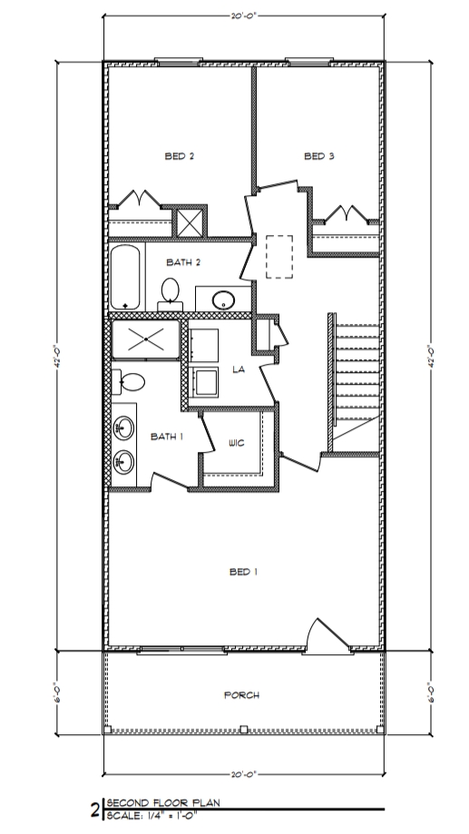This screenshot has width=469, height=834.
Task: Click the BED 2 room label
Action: pos(179,156)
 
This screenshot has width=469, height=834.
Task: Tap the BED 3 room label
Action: pos(318,156)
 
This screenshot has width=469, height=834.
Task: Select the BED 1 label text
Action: pos(243,572)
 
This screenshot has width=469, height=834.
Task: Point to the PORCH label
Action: pos(241,695)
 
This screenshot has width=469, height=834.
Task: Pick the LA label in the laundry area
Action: pos(239,369)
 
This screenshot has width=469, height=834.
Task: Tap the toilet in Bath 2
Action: pos(169,291)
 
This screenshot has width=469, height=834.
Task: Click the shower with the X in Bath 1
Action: pos(145,339)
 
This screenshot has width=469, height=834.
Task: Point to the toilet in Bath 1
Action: pos(129,382)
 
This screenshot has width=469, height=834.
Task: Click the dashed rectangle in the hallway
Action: pos(279,257)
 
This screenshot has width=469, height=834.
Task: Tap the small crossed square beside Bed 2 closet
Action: pos(190,222)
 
